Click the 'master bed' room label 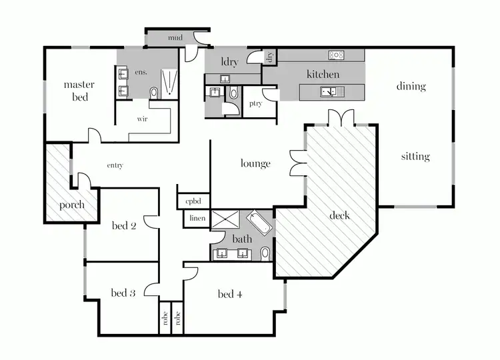[x=79, y=91]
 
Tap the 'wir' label [x=141, y=119]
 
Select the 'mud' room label [x=175, y=38]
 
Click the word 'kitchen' [x=323, y=75]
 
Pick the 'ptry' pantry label [x=255, y=103]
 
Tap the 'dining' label [x=411, y=86]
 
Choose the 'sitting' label [x=415, y=157]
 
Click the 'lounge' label [x=255, y=163]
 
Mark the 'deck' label [x=339, y=215]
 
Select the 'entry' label [x=115, y=165]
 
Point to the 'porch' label [x=71, y=205]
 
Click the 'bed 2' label [x=124, y=226]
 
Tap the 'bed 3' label [x=123, y=293]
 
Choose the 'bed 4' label [x=230, y=294]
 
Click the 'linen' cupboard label [x=197, y=218]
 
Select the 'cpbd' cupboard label [x=193, y=200]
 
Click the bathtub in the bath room [x=259, y=223]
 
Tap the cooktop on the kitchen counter [x=336, y=55]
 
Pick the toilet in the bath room [x=265, y=253]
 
